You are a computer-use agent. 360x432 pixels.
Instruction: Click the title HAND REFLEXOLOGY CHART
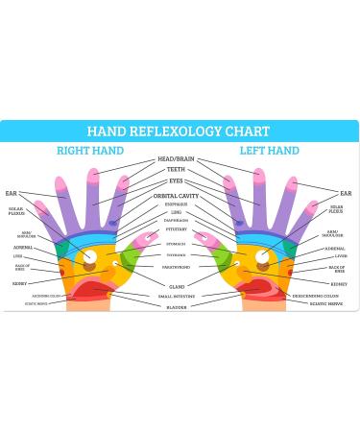(x=180, y=132)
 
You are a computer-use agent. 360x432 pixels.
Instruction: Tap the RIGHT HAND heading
(x=90, y=151)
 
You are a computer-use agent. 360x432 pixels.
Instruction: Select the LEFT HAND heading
(x=270, y=151)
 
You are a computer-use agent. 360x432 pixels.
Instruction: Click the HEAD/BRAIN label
(x=178, y=158)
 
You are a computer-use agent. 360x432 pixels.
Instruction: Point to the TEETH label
(x=177, y=170)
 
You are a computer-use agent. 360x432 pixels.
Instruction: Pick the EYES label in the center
(x=177, y=180)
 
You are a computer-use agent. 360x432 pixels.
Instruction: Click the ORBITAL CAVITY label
(x=177, y=196)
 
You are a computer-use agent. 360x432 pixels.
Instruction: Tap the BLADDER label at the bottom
(x=178, y=307)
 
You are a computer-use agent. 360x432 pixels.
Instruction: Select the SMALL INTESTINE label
(x=178, y=297)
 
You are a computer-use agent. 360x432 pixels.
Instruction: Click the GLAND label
(x=178, y=286)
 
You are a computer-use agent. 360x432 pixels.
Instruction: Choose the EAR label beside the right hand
(x=12, y=193)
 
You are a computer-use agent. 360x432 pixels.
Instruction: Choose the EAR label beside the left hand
(x=346, y=193)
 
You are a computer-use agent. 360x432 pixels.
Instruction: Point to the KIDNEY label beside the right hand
(x=20, y=283)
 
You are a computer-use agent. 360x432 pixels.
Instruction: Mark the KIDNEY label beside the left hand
(x=339, y=283)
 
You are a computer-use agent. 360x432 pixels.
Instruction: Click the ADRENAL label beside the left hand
(x=335, y=249)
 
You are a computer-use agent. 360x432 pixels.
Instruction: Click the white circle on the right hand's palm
(x=90, y=256)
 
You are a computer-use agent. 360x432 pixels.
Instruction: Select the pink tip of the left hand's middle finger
(x=259, y=174)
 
